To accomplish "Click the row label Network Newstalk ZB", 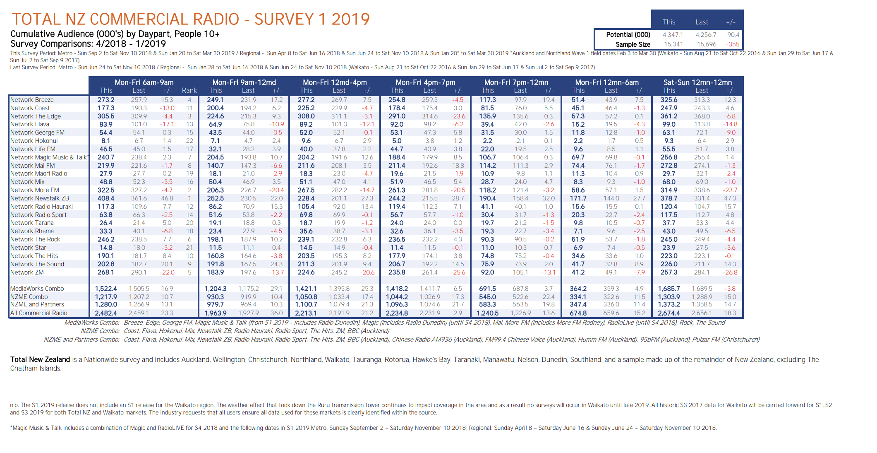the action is tap(40, 198).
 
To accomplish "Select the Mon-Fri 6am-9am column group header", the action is tap(144, 82).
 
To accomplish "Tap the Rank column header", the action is tap(189, 90).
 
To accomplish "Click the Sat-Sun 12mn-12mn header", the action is tap(697, 82).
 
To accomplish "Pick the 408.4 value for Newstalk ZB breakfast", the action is tap(106, 198).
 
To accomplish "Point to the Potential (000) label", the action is tap(628, 35).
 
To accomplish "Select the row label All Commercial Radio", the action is tap(38, 313).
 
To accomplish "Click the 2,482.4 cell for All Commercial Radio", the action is tap(106, 313).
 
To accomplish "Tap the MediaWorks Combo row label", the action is tap(37, 289).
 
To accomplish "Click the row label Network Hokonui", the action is tap(34, 141).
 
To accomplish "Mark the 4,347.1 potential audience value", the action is tap(673, 35).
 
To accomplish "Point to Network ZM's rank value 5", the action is tap(189, 272).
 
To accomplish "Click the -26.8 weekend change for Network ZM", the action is tap(730, 272).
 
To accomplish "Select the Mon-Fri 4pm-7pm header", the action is tap(425, 82).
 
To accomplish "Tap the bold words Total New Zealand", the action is tap(40, 359).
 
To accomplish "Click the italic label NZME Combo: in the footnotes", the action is tap(100, 331).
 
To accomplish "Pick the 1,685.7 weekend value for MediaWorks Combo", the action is tap(669, 289).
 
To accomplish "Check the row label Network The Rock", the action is tap(35, 239).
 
